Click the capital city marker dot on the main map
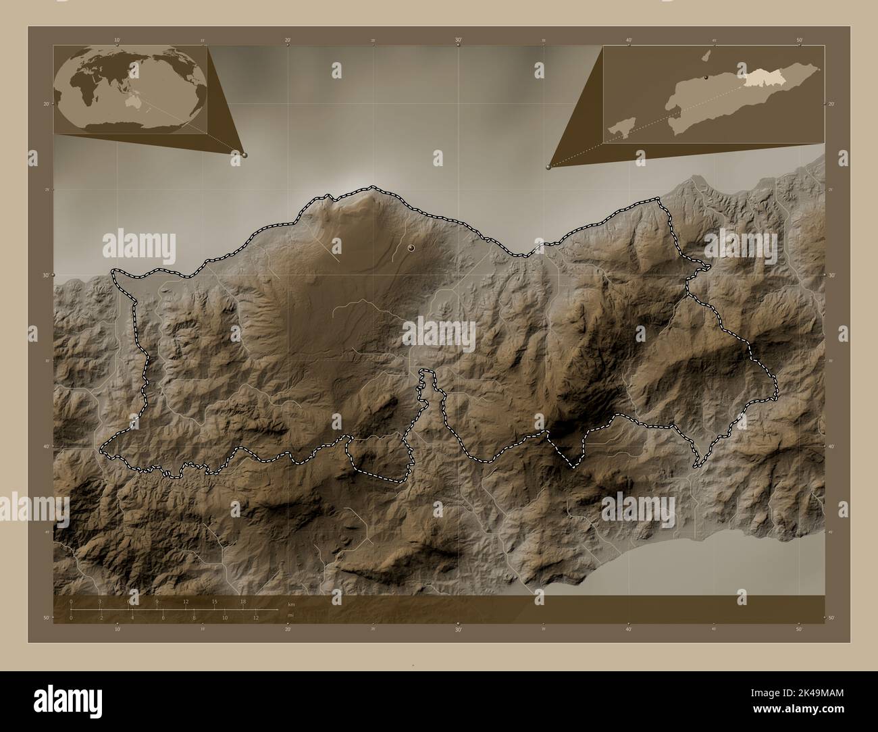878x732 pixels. [x=411, y=248]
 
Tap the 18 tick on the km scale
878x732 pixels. [x=243, y=603]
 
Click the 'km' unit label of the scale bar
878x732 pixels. [x=291, y=604]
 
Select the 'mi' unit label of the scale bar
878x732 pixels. [x=290, y=615]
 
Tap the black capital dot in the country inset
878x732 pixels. [x=706, y=78]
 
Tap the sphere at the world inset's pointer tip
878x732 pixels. [x=244, y=155]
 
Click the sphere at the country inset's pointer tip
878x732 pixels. [x=548, y=167]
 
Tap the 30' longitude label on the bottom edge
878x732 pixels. [x=458, y=629]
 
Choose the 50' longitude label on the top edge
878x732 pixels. [x=799, y=41]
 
